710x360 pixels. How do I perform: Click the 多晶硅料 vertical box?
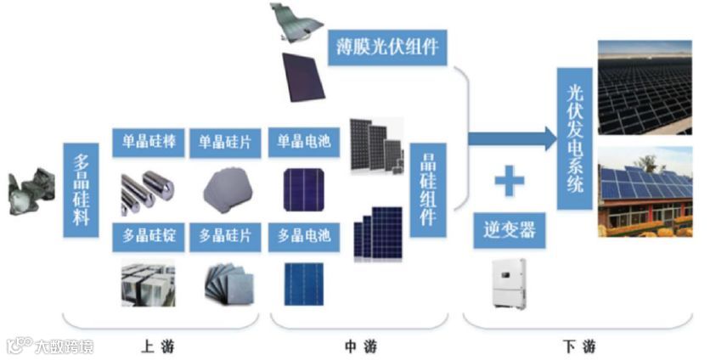click(x=82, y=189)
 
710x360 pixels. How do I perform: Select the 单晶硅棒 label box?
click(x=145, y=142)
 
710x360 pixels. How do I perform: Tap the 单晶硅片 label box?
click(x=224, y=142)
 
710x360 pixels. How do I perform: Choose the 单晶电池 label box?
click(x=303, y=142)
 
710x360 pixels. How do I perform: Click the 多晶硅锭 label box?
click(x=145, y=236)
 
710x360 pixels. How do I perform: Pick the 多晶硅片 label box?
click(x=224, y=236)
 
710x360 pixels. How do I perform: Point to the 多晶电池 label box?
click(x=303, y=236)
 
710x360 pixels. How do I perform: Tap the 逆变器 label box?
click(x=509, y=229)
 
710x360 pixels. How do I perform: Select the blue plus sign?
click(x=509, y=179)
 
